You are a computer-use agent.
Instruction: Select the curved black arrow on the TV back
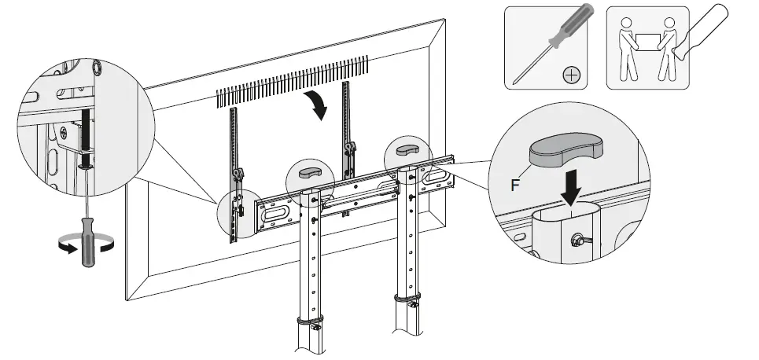(x=318, y=105)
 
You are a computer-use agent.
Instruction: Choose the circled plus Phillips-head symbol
(x=572, y=76)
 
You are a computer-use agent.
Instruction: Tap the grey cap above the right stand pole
(x=407, y=149)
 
